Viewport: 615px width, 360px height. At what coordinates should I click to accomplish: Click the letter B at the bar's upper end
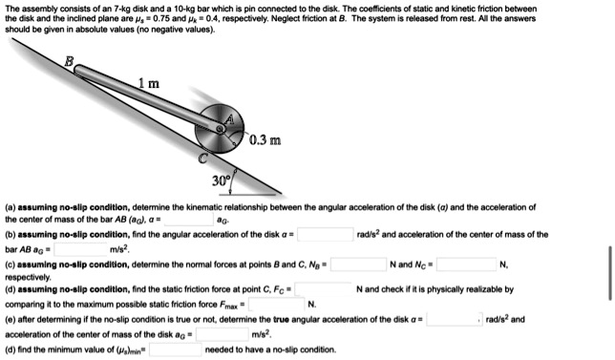(67, 61)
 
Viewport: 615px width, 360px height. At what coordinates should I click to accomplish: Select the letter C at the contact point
(200, 156)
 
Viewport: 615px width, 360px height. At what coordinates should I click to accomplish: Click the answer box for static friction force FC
(323, 289)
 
